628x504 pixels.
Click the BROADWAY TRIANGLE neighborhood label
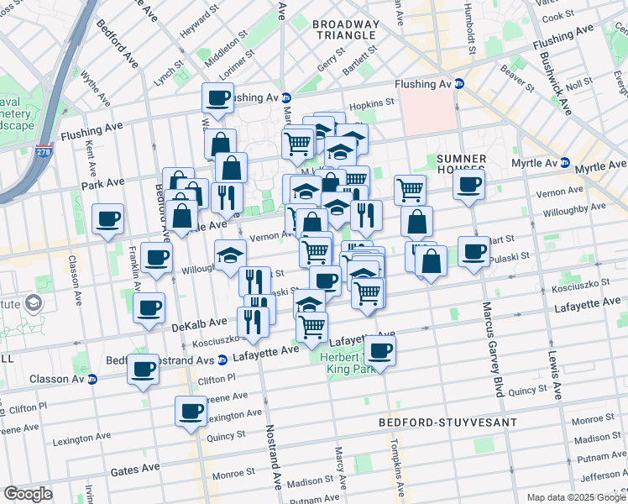(x=344, y=29)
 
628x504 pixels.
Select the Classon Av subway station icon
(x=92, y=379)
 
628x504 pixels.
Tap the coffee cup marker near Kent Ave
(x=108, y=220)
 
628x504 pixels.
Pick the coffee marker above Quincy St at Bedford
(x=191, y=412)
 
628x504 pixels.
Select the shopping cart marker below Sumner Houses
(x=409, y=189)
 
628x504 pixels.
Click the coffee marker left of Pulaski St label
(x=474, y=251)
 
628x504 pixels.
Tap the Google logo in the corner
(x=29, y=494)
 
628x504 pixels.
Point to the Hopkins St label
(x=371, y=103)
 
